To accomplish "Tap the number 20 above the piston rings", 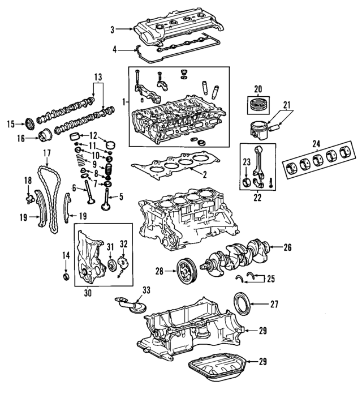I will (258, 88).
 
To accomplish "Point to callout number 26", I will (287, 247).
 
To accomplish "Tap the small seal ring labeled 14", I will (66, 277).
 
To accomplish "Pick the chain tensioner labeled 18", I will (29, 199).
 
